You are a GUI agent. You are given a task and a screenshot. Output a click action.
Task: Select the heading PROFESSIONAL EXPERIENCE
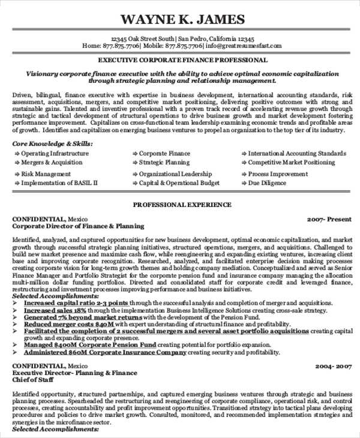[181, 205]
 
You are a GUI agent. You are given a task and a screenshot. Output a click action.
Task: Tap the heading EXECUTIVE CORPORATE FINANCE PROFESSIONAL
[182, 61]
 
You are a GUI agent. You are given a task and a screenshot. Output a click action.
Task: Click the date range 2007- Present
[329, 219]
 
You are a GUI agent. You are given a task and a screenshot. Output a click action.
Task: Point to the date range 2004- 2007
[332, 365]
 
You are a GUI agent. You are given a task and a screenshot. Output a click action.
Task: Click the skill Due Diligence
[267, 183]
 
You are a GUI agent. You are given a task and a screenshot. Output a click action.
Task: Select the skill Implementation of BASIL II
[59, 183]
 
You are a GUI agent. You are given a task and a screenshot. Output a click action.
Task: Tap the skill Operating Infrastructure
[55, 154]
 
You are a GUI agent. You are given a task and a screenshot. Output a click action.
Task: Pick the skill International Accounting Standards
[297, 154]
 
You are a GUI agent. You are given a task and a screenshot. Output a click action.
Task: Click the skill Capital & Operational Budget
[179, 183]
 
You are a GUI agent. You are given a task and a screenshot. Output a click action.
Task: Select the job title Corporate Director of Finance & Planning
[79, 226]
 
